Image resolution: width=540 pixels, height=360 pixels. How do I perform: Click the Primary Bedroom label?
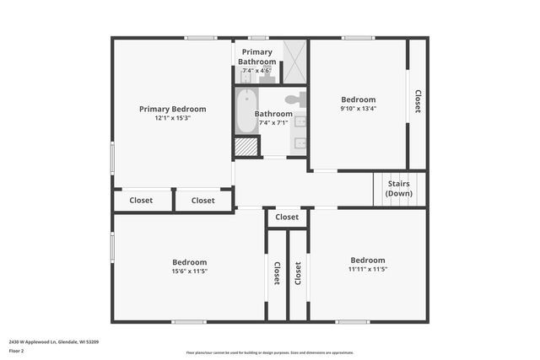pos(172,109)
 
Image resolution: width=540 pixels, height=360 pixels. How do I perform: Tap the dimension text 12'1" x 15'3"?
pos(172,119)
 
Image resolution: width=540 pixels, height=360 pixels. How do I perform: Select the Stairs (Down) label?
pos(399,188)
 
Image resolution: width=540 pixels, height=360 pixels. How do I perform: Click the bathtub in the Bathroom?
pos(246,113)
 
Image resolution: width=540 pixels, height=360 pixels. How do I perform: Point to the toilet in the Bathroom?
pos(293,99)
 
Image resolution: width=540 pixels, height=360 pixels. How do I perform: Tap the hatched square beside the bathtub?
pos(246,147)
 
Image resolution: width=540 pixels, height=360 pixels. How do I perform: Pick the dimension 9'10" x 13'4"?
pos(358,108)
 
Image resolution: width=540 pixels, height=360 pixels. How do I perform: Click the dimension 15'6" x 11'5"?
pos(189,271)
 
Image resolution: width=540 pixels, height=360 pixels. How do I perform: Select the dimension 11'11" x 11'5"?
pos(367,270)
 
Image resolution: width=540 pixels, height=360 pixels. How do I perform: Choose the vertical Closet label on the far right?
pos(417,102)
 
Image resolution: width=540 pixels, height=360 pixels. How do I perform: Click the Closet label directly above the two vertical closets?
pos(287,217)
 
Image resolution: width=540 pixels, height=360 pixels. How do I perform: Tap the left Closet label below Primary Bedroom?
pos(141,201)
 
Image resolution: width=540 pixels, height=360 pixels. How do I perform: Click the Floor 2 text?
pos(16,350)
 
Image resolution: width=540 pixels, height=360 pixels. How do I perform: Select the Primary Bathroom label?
pos(256,56)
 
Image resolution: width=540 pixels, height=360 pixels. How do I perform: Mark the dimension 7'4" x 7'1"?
pos(273,122)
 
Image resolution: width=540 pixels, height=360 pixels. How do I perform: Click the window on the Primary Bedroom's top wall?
pos(201,37)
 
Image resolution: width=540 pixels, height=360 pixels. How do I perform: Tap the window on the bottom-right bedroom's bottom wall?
pos(352,321)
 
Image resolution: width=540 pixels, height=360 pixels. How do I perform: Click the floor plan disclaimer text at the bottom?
pos(270,352)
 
